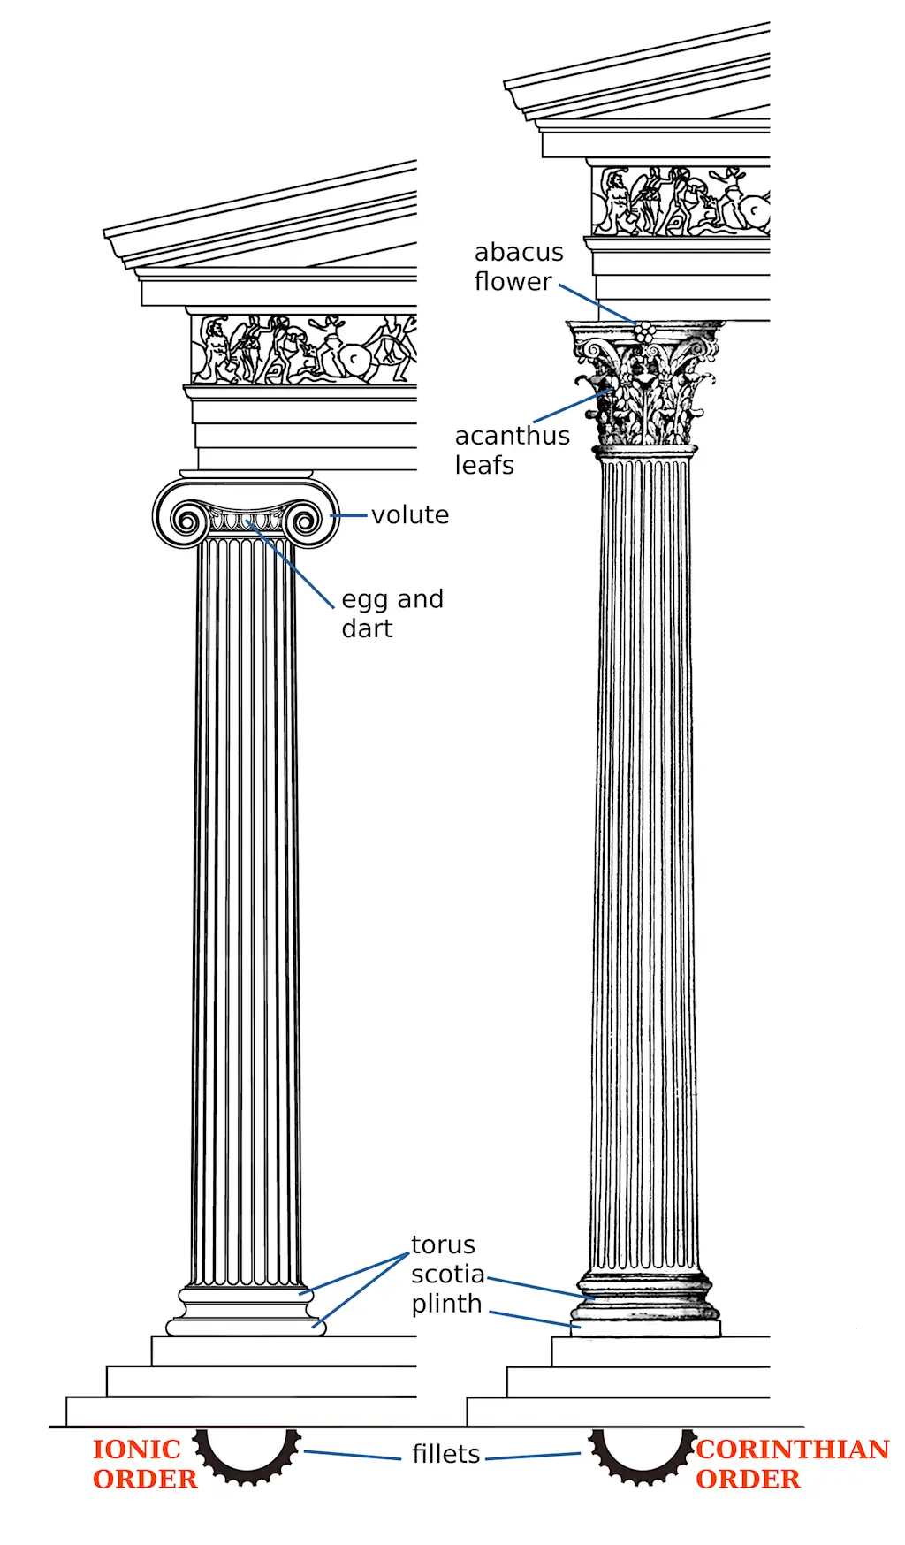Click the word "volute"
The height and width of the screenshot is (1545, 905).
tap(410, 514)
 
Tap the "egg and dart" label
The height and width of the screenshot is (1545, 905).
tap(392, 613)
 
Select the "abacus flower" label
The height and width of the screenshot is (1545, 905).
tap(518, 266)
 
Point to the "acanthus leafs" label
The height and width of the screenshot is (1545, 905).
tap(512, 450)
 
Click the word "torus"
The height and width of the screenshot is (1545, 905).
tap(443, 1244)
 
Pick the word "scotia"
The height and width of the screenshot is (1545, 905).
tap(447, 1274)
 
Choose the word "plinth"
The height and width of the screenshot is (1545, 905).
tap(446, 1304)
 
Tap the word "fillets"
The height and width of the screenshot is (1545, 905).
tap(445, 1454)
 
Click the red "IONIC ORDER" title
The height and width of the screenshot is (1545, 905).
tap(145, 1464)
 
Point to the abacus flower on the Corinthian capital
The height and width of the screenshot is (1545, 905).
tap(645, 332)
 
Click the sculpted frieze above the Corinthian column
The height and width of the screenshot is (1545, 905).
tap(681, 201)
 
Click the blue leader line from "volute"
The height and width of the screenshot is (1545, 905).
tap(349, 515)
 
